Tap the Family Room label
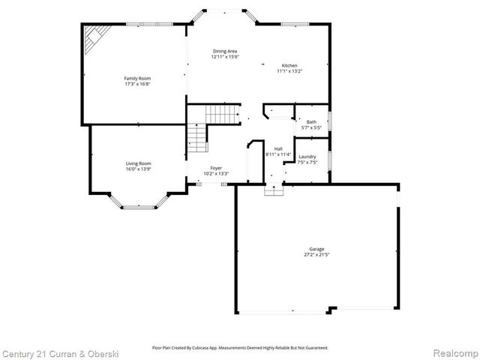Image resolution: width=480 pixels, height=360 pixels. [x=136, y=78]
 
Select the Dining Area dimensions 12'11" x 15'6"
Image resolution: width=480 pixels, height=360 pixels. [x=224, y=57]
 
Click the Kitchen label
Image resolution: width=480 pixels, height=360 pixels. [x=289, y=65]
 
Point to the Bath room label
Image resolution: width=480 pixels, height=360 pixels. [x=311, y=121]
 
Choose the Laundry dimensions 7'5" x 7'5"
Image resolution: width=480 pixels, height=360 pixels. [x=307, y=162]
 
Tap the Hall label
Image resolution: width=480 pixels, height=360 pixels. [x=278, y=148]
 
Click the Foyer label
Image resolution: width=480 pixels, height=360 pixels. [x=216, y=168]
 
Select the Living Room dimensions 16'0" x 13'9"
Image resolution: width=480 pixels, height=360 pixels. [x=138, y=169]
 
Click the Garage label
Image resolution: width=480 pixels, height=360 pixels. [x=316, y=249]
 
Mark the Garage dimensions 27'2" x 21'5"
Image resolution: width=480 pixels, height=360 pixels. [x=316, y=255]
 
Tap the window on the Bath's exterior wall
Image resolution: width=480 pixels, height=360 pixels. [x=331, y=121]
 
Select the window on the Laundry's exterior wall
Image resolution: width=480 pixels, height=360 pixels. [x=331, y=159]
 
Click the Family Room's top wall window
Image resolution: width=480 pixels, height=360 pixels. [x=142, y=24]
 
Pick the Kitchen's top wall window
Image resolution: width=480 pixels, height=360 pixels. [x=295, y=24]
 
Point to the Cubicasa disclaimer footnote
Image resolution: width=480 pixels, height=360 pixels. [x=240, y=348]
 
